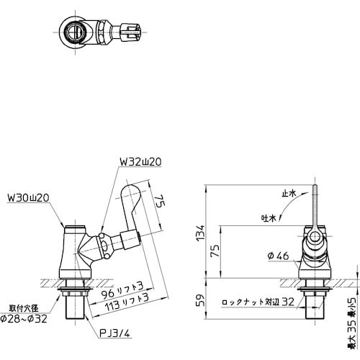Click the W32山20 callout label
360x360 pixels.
[x=139, y=163]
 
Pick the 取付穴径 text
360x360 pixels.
[x=24, y=307]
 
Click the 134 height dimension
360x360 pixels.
[x=201, y=233]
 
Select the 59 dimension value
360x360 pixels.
[x=201, y=300]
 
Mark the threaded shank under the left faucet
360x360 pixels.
[x=74, y=310]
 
